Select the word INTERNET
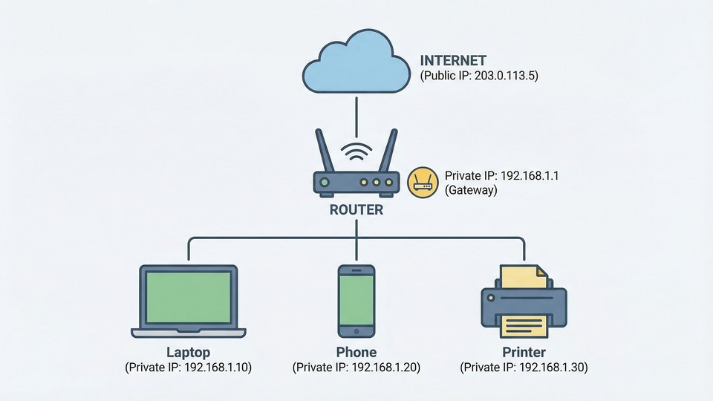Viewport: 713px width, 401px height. click(454, 61)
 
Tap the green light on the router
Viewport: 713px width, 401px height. click(325, 183)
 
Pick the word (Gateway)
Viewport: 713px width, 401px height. click(471, 190)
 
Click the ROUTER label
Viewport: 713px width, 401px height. click(356, 210)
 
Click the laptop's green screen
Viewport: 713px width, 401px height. click(189, 297)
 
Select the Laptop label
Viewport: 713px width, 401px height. click(189, 352)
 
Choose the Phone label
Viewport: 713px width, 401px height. click(356, 352)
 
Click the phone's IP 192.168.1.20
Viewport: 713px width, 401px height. click(385, 368)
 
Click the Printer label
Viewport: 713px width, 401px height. click(524, 352)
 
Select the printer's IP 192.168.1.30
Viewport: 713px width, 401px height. click(553, 368)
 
